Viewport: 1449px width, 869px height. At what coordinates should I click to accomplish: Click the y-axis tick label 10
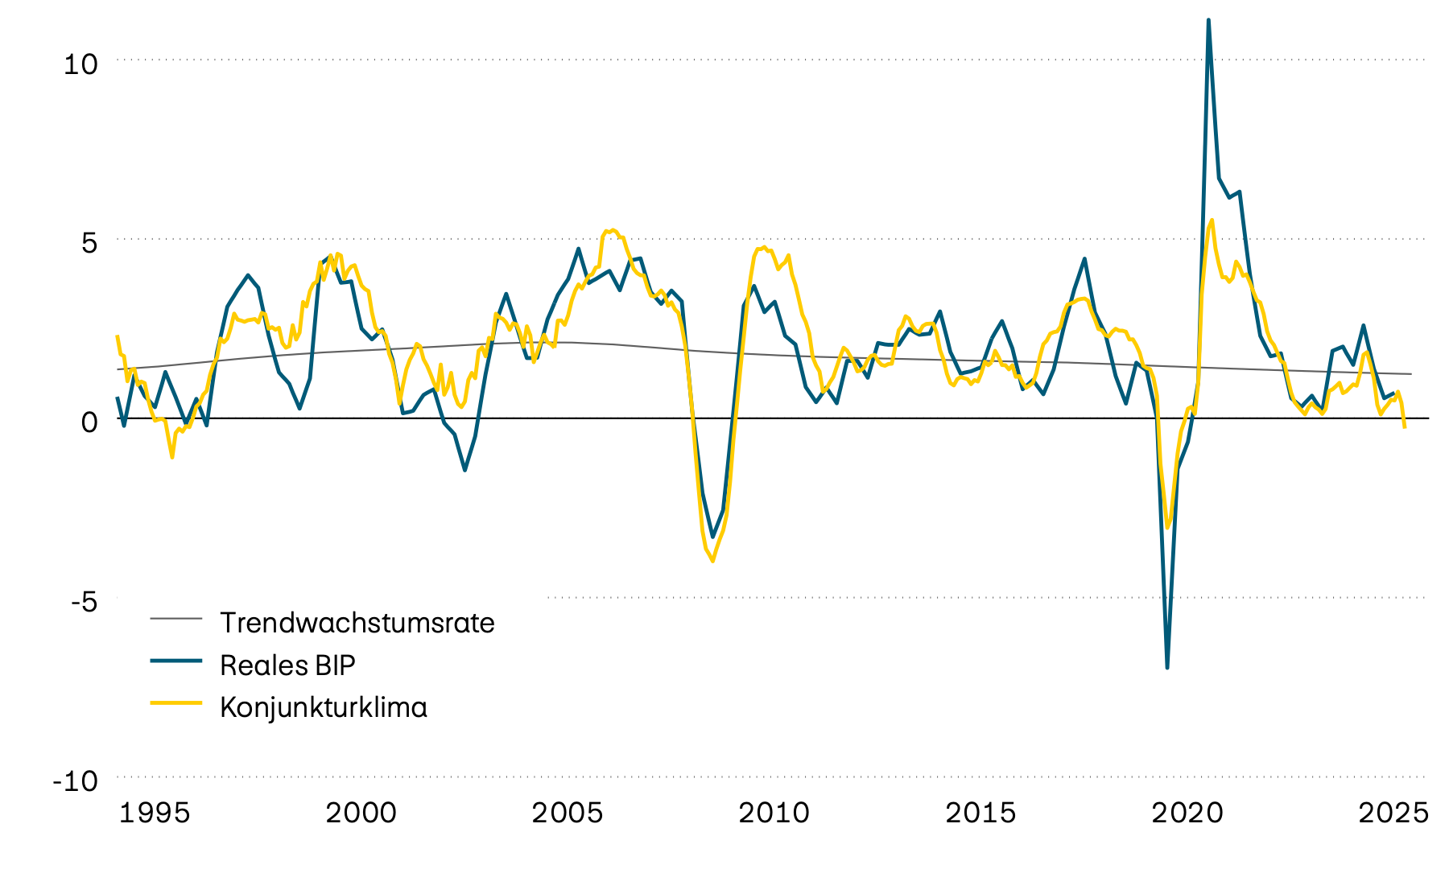80,64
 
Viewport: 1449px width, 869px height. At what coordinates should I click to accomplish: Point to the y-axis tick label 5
89,244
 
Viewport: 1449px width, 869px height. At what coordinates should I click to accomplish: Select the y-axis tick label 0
89,422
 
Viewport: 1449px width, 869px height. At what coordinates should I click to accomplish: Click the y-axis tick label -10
75,780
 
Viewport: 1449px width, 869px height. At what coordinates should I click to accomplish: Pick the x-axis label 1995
155,813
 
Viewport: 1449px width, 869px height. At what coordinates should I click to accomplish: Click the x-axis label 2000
361,813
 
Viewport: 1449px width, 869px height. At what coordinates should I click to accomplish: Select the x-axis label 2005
568,813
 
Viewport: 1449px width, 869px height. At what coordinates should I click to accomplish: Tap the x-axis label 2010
774,813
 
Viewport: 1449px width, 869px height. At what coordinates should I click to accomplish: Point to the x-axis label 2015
980,813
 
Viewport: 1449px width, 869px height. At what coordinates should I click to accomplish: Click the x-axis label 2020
1187,813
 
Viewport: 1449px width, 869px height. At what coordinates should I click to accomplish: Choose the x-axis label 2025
1393,813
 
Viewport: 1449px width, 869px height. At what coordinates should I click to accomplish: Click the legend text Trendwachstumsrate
357,623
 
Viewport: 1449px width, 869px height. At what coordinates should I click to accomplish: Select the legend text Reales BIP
287,665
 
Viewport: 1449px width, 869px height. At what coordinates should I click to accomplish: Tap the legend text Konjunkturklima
323,708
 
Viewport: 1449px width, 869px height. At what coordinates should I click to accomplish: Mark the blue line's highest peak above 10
1208,20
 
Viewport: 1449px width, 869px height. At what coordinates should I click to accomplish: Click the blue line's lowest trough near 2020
1167,667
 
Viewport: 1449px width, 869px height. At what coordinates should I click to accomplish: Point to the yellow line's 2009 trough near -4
712,561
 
